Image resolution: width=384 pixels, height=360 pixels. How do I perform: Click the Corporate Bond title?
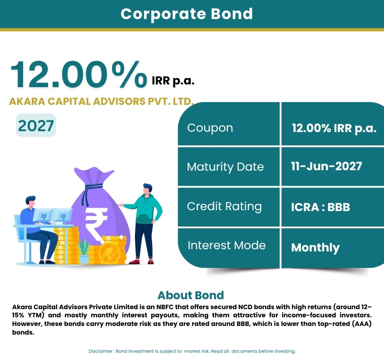click(187, 14)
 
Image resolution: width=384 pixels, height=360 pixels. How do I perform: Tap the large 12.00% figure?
click(79, 74)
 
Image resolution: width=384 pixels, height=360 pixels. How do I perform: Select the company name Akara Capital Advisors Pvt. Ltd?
click(101, 101)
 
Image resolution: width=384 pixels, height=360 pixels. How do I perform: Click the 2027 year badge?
click(36, 125)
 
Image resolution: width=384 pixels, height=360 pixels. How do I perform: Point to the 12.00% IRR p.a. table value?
click(334, 128)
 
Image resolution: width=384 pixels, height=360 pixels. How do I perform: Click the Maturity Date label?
click(225, 167)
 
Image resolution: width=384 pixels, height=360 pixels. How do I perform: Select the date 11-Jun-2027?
click(326, 166)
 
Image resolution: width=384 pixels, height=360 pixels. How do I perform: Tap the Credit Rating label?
click(224, 207)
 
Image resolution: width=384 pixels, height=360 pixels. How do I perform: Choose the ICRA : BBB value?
click(320, 207)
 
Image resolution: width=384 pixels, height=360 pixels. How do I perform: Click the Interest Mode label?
click(226, 245)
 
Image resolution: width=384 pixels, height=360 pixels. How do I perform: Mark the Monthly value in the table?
click(315, 247)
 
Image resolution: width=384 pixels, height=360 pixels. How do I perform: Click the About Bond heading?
click(191, 296)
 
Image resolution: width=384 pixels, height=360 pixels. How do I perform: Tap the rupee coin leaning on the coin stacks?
click(109, 253)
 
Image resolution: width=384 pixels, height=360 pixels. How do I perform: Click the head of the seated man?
click(30, 202)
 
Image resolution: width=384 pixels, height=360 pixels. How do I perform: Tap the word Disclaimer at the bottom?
click(100, 351)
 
